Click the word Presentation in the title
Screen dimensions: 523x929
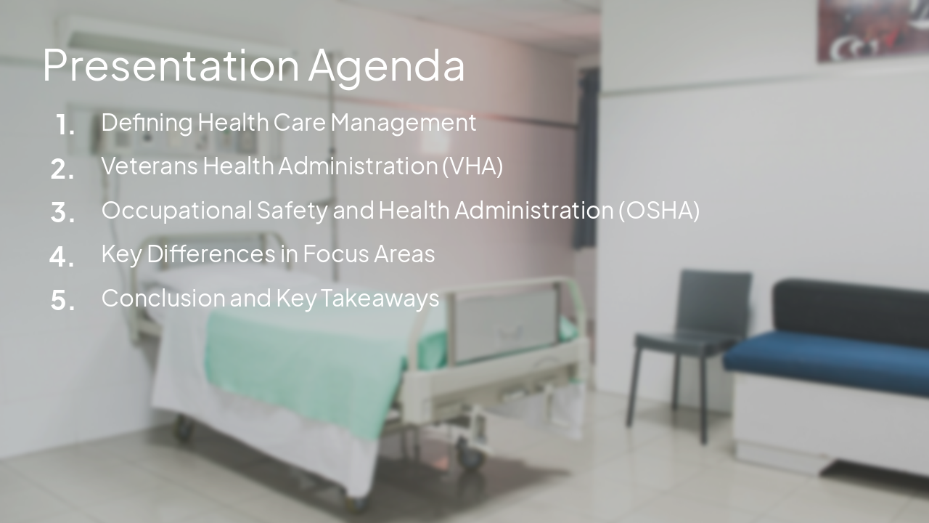171,65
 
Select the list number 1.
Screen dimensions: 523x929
65,126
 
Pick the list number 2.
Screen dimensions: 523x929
63,169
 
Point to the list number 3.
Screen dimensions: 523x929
63,213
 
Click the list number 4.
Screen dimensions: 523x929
62,256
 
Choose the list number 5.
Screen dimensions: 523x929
63,300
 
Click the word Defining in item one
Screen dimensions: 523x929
147,122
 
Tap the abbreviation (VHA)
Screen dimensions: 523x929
472,166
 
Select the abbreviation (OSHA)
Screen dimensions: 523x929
659,210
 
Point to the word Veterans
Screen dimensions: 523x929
149,166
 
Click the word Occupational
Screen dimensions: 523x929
176,211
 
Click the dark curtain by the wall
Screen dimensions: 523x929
586,160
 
